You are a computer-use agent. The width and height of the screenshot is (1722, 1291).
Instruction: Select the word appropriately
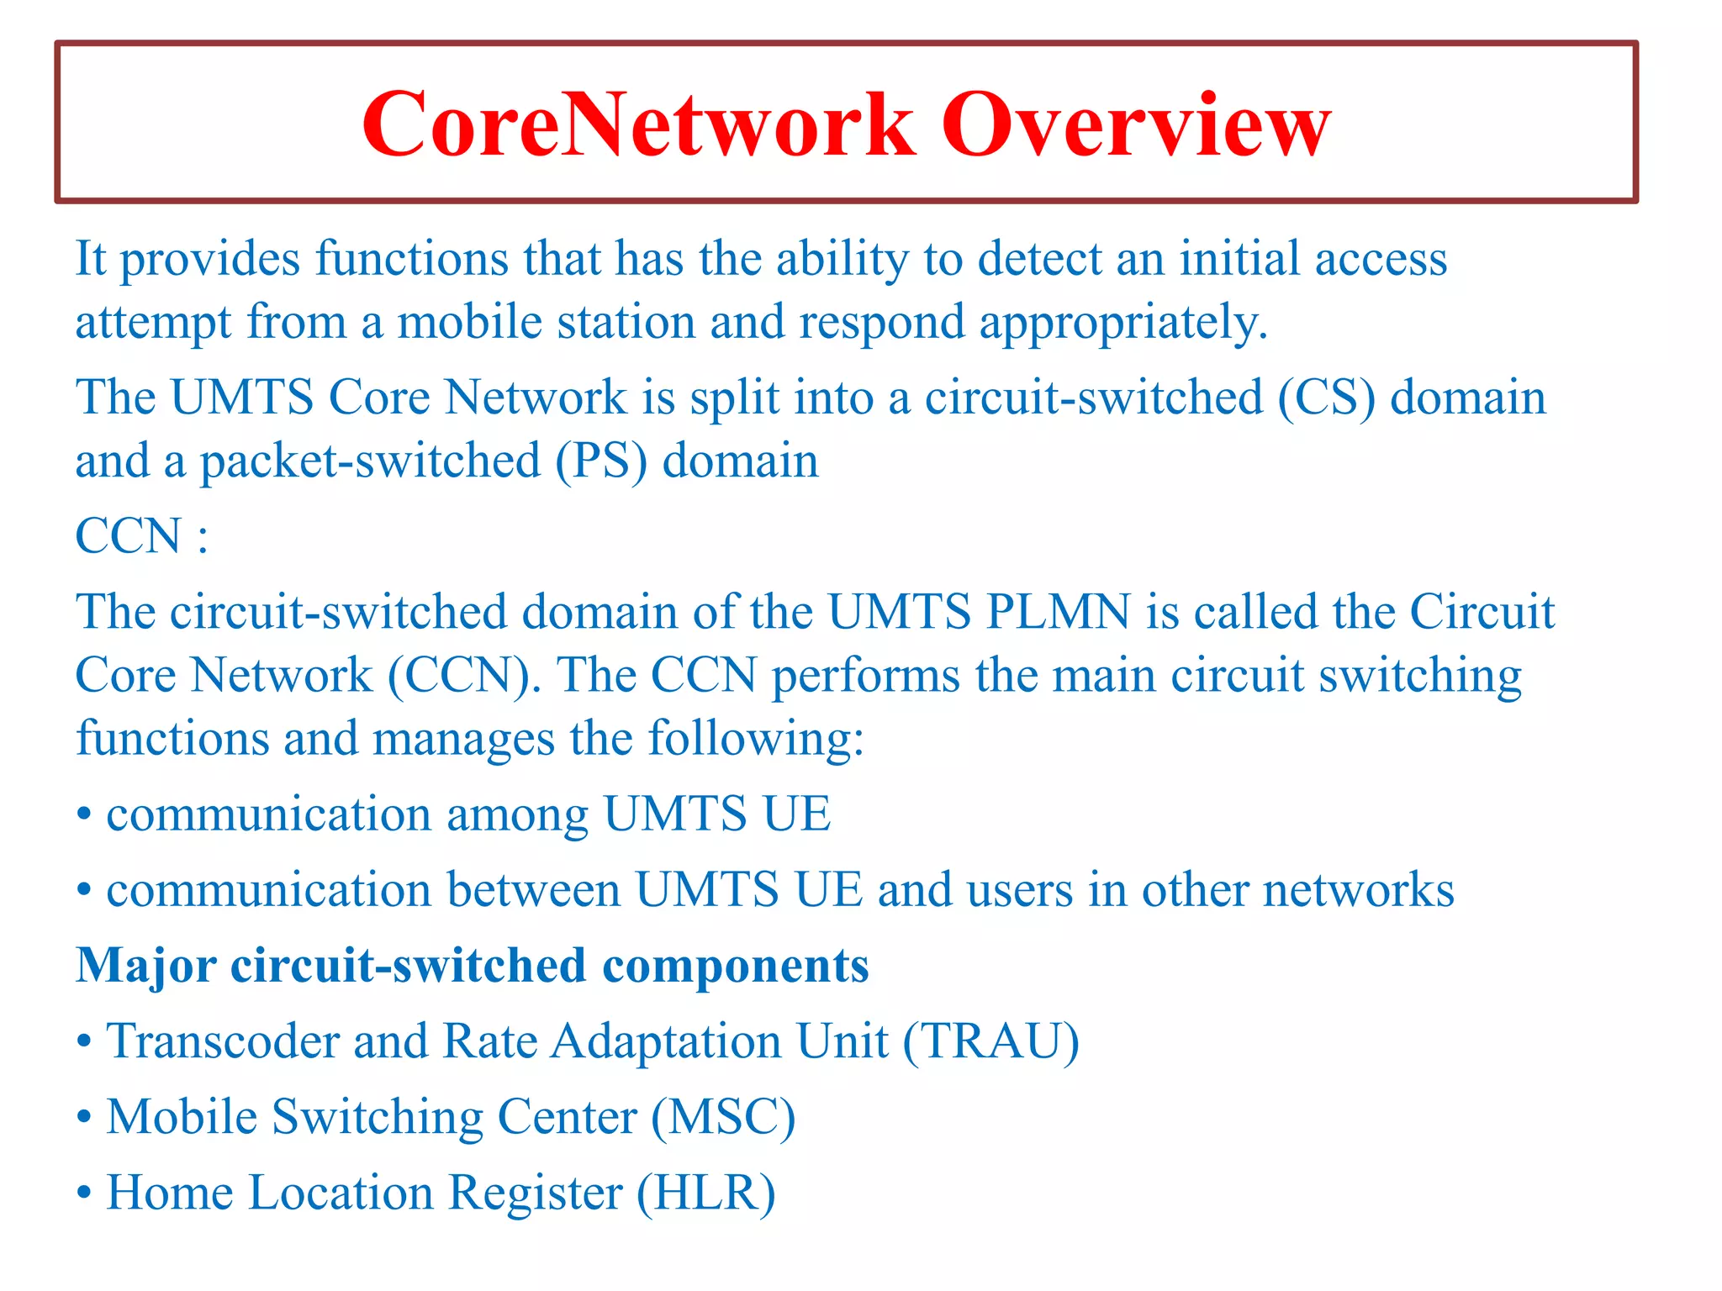click(1123, 324)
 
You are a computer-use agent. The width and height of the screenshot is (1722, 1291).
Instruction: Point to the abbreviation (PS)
click(601, 461)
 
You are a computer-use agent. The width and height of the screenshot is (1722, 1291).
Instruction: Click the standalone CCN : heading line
click(141, 536)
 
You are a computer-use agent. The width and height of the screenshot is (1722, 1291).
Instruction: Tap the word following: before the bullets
click(756, 740)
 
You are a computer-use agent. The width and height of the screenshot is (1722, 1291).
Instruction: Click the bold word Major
click(146, 965)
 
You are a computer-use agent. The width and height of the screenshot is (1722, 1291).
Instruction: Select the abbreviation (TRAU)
click(991, 1041)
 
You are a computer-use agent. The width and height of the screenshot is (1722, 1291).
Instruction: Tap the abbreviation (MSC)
click(723, 1117)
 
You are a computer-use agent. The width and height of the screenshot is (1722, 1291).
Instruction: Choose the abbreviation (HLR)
click(705, 1193)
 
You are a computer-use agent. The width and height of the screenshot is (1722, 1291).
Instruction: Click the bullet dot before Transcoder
click(83, 1043)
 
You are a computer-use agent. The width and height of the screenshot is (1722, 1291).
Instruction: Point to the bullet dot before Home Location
click(83, 1194)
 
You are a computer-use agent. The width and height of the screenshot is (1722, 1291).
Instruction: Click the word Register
click(535, 1193)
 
